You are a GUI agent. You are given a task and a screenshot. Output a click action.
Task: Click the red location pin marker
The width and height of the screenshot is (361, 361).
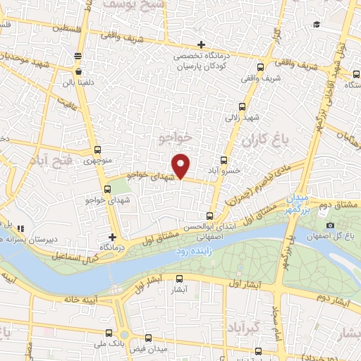tap(181, 165)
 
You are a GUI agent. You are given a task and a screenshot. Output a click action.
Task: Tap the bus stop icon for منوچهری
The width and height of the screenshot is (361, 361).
tap(97, 150)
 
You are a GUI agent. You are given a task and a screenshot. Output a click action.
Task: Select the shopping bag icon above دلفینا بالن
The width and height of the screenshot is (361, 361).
tap(78, 71)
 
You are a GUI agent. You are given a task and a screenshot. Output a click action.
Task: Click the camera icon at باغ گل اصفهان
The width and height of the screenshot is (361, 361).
tap(330, 225)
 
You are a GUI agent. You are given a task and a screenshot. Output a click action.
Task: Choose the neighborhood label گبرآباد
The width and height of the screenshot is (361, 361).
tap(244, 327)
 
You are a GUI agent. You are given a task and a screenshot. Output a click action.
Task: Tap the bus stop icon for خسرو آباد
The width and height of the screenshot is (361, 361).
tap(224, 160)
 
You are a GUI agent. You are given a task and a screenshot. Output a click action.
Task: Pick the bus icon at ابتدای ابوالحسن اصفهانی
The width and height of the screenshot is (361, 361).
tap(209, 216)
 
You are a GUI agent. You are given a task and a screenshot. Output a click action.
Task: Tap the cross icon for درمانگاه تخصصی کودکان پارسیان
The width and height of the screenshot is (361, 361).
tap(202, 44)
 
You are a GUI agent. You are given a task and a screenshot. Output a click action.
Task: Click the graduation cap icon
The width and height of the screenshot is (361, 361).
tap(317, 25)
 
